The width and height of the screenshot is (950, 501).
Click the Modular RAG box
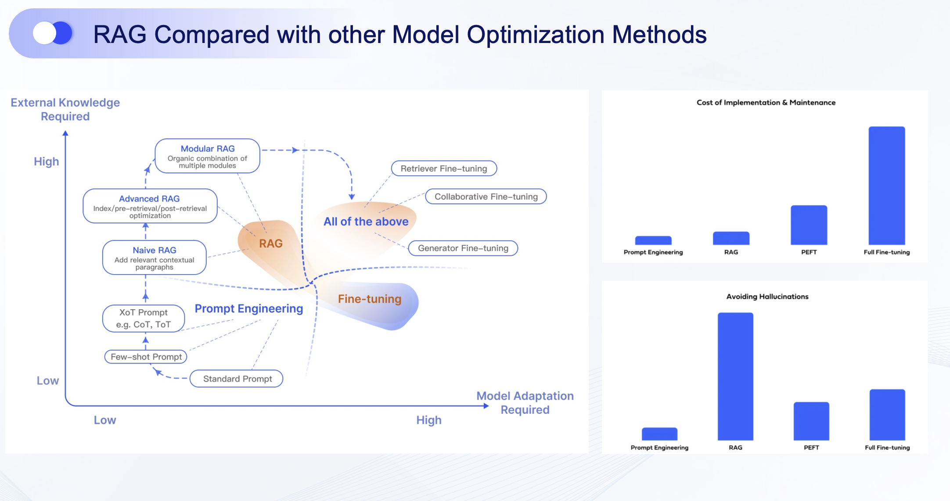coord(207,156)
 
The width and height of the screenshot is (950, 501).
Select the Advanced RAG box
coord(150,206)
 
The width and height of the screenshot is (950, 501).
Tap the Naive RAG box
coord(154,258)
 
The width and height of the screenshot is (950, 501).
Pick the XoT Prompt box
coord(144,318)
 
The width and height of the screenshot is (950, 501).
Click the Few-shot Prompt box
coord(146,357)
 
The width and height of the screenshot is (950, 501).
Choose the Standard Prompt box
coord(237,379)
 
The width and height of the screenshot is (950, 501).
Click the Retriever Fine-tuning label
coord(444,168)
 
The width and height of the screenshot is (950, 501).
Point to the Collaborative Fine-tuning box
coord(486,197)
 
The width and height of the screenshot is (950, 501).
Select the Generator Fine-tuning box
coord(463,248)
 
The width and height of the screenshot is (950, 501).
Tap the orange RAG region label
coord(270,243)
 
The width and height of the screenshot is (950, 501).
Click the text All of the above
coord(366,222)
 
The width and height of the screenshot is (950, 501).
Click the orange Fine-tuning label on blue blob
coord(369,299)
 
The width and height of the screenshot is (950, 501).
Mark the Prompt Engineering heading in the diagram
coord(248,309)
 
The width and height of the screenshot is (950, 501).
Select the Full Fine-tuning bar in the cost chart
coord(886,186)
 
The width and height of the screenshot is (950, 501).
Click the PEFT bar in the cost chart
coord(809,225)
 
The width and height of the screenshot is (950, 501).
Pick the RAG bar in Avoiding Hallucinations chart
coord(735,376)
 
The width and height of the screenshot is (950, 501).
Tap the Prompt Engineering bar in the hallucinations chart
coord(659,434)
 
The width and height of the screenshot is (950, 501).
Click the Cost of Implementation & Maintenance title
coord(766,103)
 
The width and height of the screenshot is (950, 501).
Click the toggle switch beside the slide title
coord(53,33)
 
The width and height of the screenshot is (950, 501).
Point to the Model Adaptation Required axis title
coord(525,403)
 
